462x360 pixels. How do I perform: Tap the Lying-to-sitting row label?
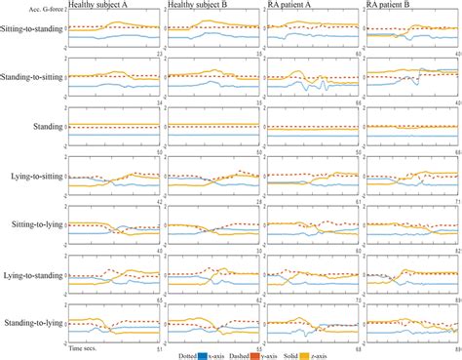pos(33,176)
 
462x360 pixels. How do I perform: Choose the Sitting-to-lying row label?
pos(33,224)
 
